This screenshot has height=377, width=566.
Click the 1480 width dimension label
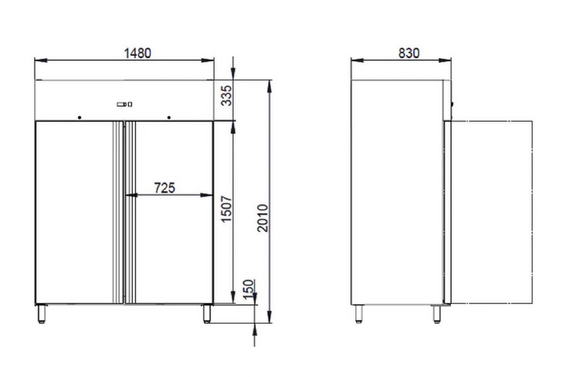(x=138, y=53)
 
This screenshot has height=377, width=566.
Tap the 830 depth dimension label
(x=409, y=53)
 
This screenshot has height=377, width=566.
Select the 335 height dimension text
(x=226, y=96)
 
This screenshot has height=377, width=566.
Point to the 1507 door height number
(x=226, y=209)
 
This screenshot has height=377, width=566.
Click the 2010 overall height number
(x=263, y=218)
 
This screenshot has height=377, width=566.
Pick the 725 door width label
(x=165, y=188)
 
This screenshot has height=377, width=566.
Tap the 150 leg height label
(x=248, y=289)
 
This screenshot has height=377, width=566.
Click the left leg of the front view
(x=42, y=314)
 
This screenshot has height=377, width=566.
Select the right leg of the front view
(x=207, y=314)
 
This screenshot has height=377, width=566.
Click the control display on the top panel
(x=124, y=104)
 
